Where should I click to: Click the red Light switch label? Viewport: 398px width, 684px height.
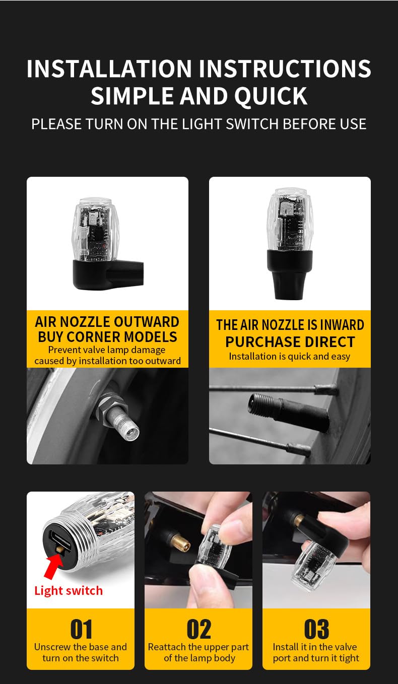pos(69,591)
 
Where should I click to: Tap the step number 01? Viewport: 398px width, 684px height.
pos(81,629)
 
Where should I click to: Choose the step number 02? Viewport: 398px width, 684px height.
pos(198,629)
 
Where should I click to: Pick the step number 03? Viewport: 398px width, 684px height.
pos(316,629)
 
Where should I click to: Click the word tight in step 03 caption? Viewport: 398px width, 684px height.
pos(349,658)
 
